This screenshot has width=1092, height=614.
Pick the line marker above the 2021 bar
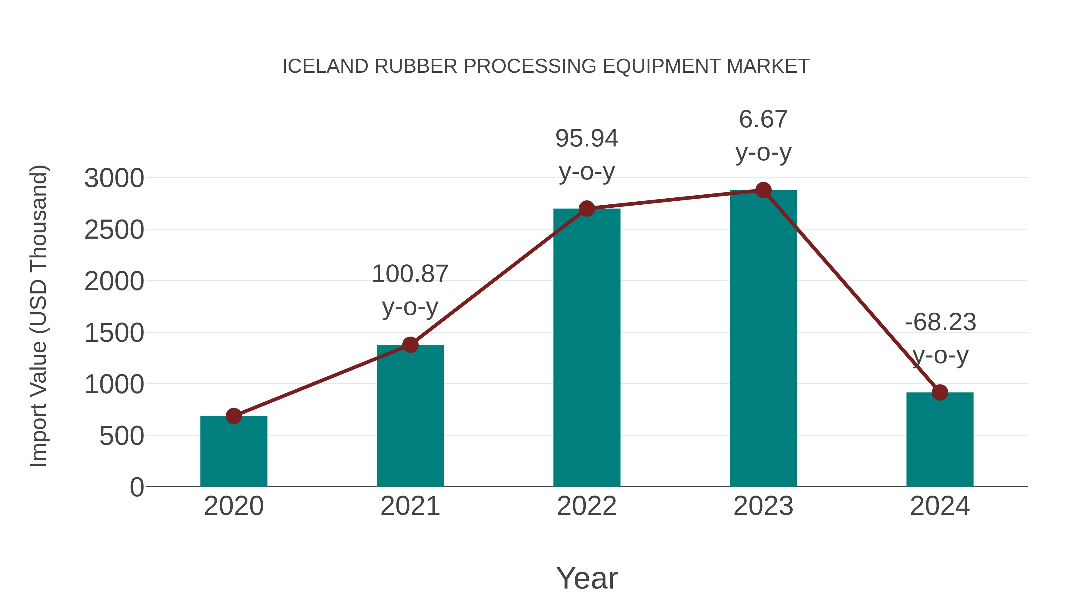pos(410,344)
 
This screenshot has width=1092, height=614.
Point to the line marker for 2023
pos(763,190)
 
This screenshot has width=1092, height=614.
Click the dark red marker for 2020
pos(234,416)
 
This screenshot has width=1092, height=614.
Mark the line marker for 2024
pos(940,392)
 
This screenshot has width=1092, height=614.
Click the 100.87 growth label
pos(410,274)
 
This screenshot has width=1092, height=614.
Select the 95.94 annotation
pos(587,139)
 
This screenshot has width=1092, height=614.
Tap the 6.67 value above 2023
pos(763,119)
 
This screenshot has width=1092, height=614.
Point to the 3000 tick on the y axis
pos(114,178)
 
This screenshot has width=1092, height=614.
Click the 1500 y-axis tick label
pos(114,333)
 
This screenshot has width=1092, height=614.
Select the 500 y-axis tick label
pos(122,436)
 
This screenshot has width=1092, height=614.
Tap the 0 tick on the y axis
pos(136,487)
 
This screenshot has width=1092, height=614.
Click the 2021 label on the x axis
pos(410,506)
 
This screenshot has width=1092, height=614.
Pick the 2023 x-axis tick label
pos(763,506)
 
